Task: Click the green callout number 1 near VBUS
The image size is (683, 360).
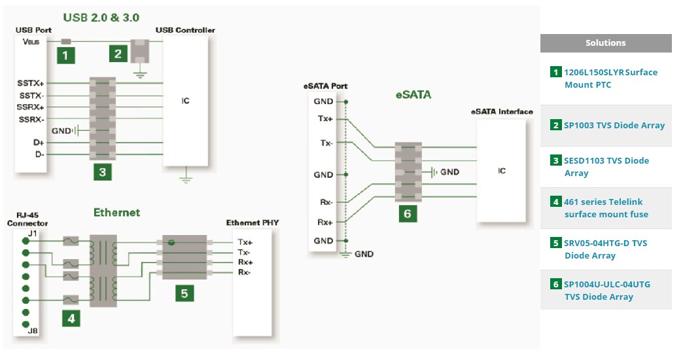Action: click(65, 55)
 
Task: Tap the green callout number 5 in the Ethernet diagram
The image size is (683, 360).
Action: click(184, 293)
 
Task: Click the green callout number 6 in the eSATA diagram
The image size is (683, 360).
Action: click(407, 213)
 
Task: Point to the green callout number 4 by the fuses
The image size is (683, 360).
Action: click(71, 318)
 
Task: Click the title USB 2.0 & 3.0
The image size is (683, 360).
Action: click(101, 16)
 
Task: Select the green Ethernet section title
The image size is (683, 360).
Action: click(116, 212)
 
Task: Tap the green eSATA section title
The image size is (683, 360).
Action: click(413, 94)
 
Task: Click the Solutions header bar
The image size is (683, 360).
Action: click(605, 43)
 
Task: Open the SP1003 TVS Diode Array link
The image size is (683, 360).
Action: click(614, 125)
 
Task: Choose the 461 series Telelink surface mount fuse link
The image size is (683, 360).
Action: click(606, 208)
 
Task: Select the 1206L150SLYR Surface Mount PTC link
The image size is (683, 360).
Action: click(610, 79)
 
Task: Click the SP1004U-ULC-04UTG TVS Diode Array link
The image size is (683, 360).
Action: click(607, 291)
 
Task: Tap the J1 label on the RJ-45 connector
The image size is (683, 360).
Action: click(33, 232)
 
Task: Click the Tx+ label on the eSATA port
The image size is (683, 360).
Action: click(325, 119)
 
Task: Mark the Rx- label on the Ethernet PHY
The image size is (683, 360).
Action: click(244, 272)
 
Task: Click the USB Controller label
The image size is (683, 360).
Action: click(185, 30)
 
